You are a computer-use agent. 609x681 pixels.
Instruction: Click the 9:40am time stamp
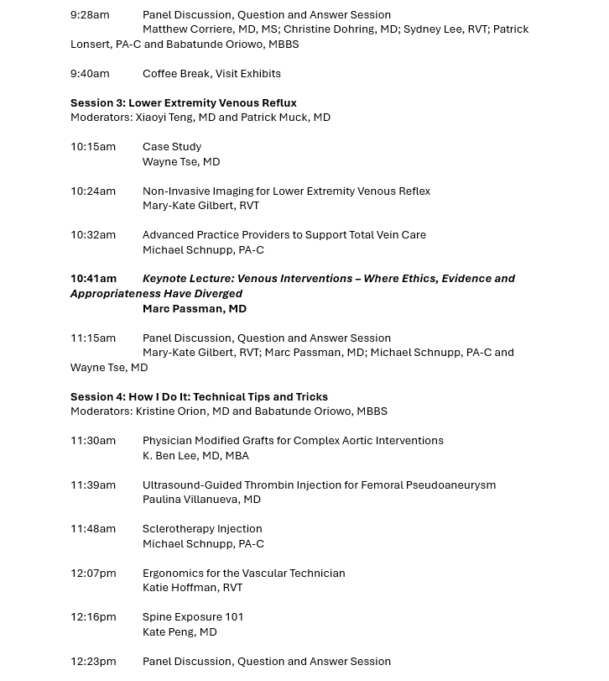(x=90, y=74)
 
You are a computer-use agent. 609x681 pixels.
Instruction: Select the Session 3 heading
(x=183, y=103)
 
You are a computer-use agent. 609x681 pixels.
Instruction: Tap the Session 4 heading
(x=199, y=397)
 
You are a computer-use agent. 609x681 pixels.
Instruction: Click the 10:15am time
(x=93, y=147)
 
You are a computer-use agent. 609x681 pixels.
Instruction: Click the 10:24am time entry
(x=93, y=191)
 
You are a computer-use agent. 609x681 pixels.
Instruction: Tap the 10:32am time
(x=93, y=235)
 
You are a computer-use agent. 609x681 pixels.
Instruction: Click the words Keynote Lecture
(x=187, y=279)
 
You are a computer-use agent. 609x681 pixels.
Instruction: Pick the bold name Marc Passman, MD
(x=194, y=309)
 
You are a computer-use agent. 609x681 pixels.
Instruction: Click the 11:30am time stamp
(x=93, y=441)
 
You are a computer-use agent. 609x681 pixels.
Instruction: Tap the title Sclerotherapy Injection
(x=202, y=529)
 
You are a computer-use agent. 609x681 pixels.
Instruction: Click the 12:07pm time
(x=93, y=574)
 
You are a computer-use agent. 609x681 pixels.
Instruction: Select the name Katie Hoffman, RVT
(x=192, y=588)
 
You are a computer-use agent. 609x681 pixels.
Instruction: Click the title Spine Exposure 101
(x=193, y=617)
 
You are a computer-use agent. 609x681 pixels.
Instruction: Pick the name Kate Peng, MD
(x=180, y=632)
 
